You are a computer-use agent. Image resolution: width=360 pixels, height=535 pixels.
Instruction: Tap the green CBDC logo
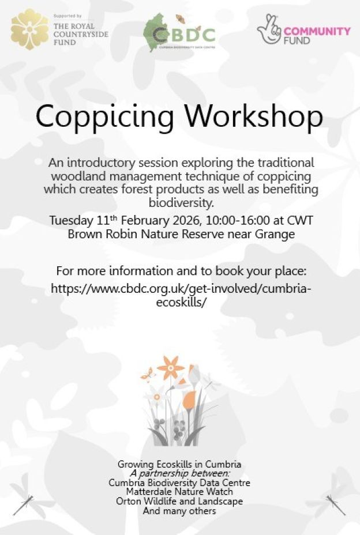(x=179, y=33)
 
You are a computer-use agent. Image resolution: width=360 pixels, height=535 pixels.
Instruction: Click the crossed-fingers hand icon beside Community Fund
(x=269, y=29)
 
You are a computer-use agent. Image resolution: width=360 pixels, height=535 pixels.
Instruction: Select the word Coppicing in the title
(x=104, y=116)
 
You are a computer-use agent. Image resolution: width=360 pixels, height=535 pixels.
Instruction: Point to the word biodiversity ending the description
(x=180, y=202)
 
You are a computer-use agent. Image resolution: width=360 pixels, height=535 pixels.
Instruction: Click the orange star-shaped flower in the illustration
(x=171, y=368)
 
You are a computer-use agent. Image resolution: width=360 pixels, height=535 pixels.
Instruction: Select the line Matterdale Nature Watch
(x=179, y=492)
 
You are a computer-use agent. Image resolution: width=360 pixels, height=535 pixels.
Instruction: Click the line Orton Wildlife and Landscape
(x=179, y=502)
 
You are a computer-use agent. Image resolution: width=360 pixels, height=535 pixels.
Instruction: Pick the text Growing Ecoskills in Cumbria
(x=179, y=464)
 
